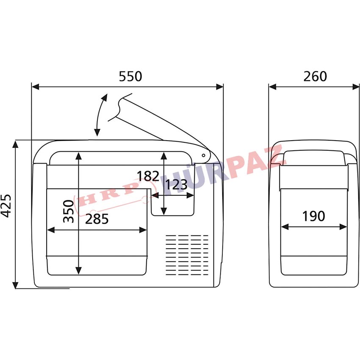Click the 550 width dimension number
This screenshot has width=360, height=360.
click(x=130, y=77)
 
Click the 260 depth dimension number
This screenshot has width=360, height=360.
click(x=315, y=77)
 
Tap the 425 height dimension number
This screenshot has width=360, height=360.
click(x=6, y=206)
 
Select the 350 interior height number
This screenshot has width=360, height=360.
click(x=69, y=211)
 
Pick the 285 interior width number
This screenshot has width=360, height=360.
click(x=97, y=219)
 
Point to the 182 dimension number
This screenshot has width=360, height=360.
click(x=148, y=176)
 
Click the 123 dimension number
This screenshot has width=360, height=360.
click(x=176, y=185)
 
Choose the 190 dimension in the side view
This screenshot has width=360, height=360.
click(x=313, y=216)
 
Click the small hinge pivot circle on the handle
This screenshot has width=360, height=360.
click(x=203, y=155)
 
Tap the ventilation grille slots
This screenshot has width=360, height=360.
click(x=187, y=255)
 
